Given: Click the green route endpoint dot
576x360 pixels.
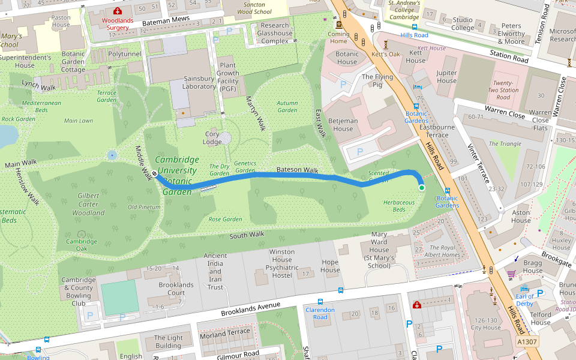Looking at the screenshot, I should pos(421,188).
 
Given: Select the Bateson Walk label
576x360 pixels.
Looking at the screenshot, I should pos(297,170).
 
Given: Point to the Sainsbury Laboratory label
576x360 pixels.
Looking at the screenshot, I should pos(199,82).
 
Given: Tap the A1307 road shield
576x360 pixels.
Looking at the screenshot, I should pos(527,342).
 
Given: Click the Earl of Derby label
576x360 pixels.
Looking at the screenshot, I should pos(524,299).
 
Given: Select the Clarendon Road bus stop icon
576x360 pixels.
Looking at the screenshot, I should pos(320,302).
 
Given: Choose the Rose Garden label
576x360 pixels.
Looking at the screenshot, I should pos(225,219).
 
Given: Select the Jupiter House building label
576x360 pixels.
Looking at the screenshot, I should pos(446,77).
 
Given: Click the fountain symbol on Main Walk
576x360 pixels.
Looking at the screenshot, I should pos(112,155).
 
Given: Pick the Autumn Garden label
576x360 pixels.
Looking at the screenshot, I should pos(287,106).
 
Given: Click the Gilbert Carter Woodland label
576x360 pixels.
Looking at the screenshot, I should pos(88,204).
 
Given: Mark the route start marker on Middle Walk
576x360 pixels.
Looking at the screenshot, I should pos(155,174).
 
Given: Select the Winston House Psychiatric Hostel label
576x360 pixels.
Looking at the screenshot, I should pos(281,263).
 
